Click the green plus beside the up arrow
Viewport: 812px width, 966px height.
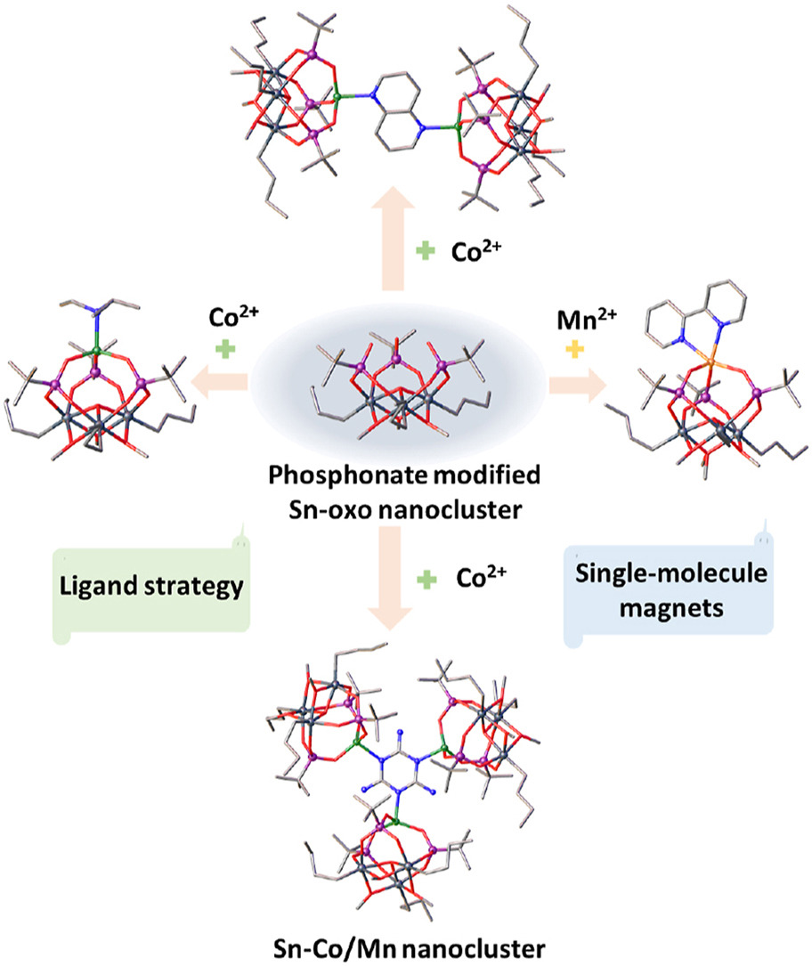(x=427, y=254)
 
